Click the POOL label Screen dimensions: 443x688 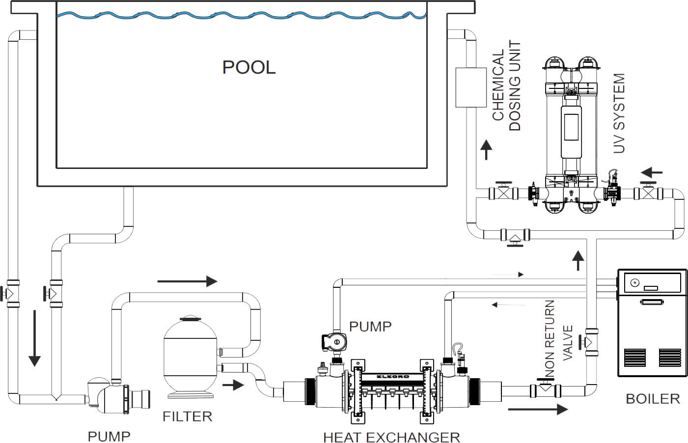click(248, 67)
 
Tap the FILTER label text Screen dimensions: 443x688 click(187, 417)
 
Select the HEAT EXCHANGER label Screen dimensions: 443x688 click(391, 437)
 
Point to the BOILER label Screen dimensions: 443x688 click(653, 398)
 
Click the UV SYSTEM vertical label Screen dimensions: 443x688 click(620, 113)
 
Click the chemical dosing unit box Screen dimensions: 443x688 click(470, 87)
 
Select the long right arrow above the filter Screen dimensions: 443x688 click(187, 281)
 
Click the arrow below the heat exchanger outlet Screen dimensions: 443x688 click(537, 409)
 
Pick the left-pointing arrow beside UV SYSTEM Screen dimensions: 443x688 click(652, 173)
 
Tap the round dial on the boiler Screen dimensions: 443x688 click(634, 283)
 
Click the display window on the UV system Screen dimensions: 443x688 click(572, 126)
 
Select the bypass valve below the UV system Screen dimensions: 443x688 click(514, 237)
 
